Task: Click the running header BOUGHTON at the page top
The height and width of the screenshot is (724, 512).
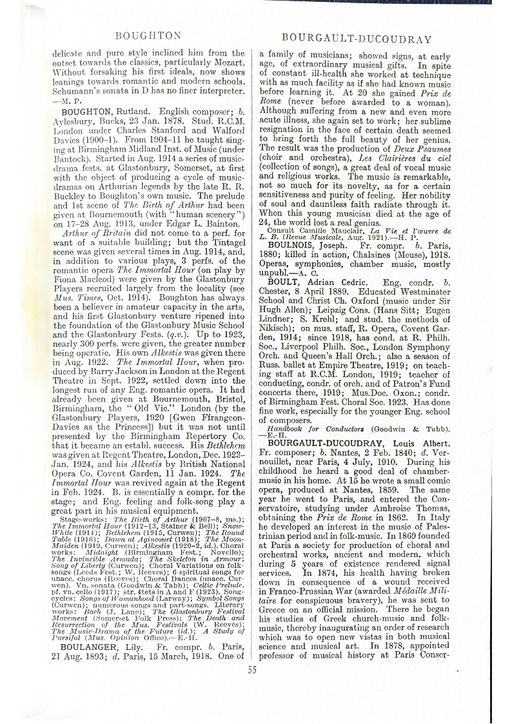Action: pyautogui.click(x=148, y=35)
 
